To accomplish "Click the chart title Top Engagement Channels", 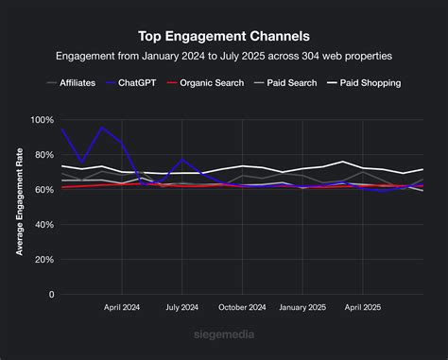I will [223, 37].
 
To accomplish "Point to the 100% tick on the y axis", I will [43, 120].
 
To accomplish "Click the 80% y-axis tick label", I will [44, 155].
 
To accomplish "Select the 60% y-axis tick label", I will [44, 190].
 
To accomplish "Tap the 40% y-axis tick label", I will [44, 225].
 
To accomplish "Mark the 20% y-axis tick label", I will [44, 260].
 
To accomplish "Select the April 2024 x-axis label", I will [122, 308].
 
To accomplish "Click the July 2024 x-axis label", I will [182, 308].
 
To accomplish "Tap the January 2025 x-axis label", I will [303, 308].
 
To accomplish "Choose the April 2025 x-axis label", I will [364, 308].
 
